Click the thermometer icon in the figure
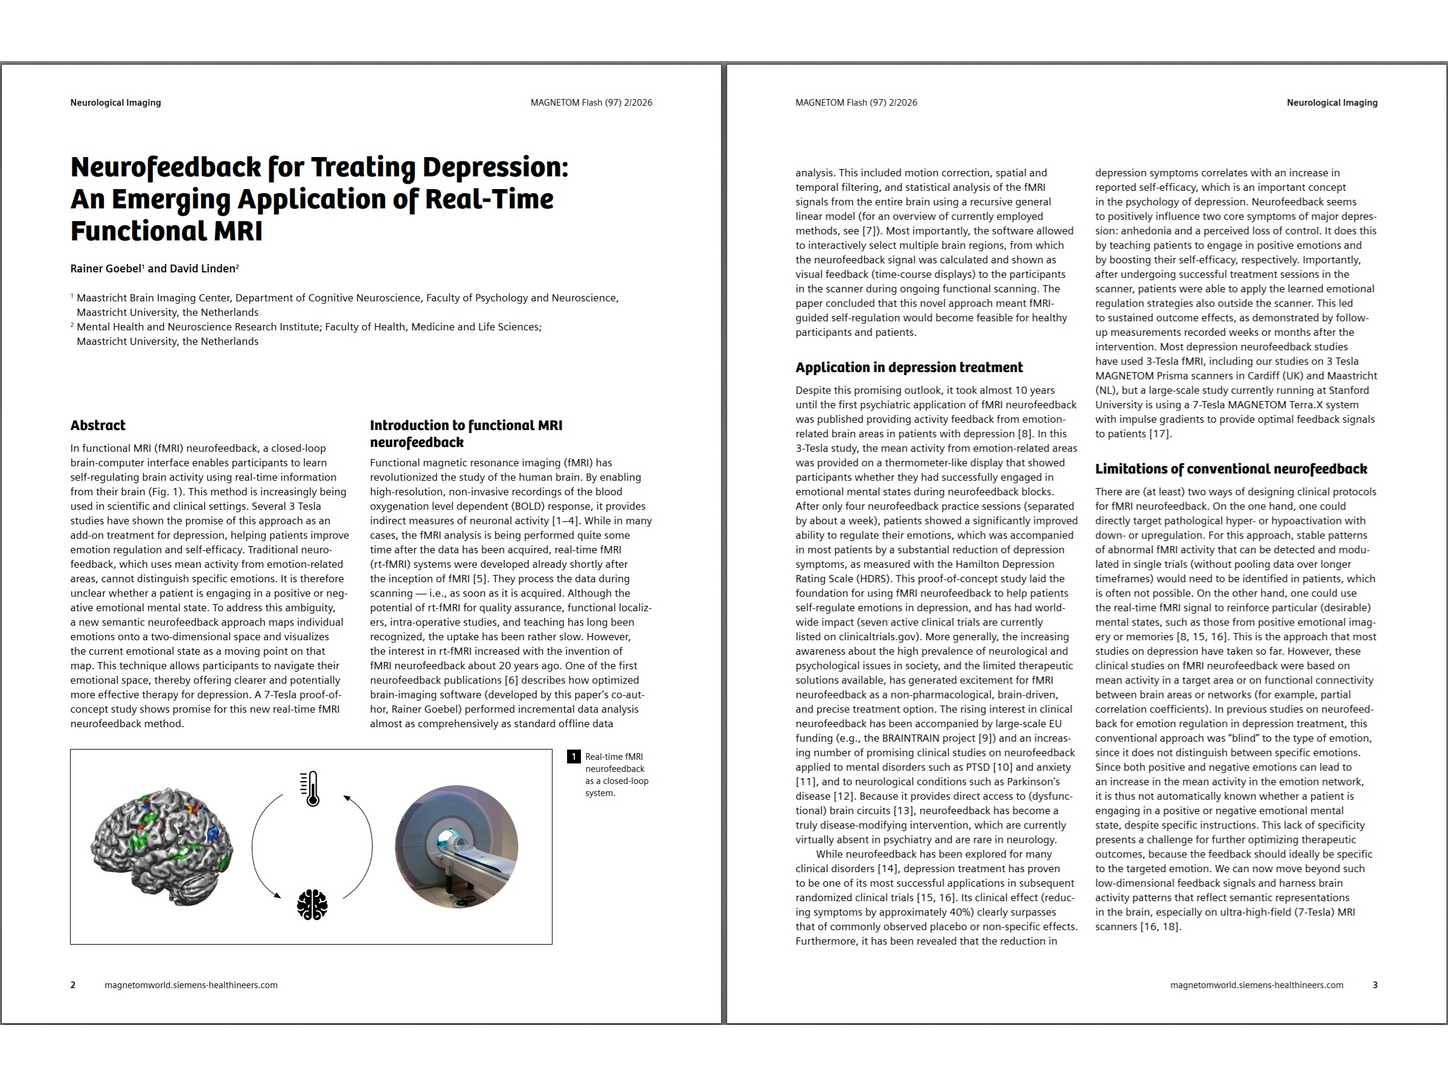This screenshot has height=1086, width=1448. click(x=312, y=789)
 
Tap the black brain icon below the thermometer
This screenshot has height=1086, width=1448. click(x=312, y=904)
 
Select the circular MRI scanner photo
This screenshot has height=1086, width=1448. click(x=457, y=846)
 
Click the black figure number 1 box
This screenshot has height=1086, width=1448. click(x=574, y=757)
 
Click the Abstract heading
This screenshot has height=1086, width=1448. click(x=98, y=425)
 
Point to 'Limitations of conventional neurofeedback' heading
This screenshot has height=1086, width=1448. click(x=1231, y=468)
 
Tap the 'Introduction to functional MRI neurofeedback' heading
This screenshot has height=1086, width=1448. click(x=466, y=433)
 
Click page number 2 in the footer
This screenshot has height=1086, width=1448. click(x=73, y=985)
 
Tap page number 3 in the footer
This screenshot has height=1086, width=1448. click(x=1374, y=985)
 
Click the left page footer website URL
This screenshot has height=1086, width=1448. click(x=191, y=985)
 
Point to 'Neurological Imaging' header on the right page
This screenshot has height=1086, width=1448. click(x=1331, y=102)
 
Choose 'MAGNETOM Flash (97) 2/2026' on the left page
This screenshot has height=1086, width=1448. click(x=590, y=102)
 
